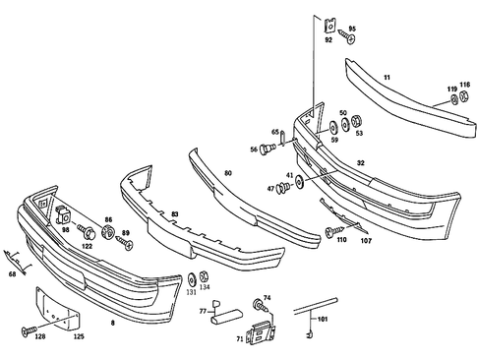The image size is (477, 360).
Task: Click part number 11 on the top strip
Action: (x=387, y=77)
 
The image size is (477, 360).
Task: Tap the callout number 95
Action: (x=352, y=29)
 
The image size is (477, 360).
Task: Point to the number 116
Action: (x=464, y=86)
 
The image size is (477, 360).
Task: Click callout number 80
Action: (x=227, y=173)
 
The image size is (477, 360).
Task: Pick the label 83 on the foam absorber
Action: (x=174, y=213)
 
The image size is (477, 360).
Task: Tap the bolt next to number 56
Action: (x=268, y=149)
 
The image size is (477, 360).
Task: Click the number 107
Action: (x=365, y=240)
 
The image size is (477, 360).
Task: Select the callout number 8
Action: (x=112, y=321)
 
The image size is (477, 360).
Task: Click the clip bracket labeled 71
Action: (x=259, y=334)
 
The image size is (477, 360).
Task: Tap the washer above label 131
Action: (x=191, y=278)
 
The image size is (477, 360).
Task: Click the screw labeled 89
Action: (x=124, y=239)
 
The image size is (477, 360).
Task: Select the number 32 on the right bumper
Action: (x=361, y=162)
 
